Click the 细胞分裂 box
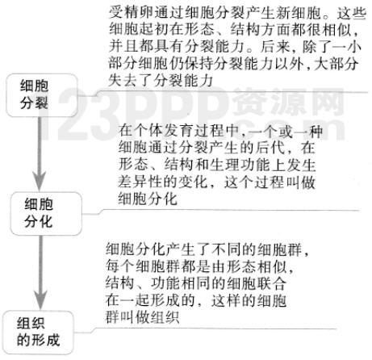42,95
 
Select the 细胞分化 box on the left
46,214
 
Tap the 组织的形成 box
38,332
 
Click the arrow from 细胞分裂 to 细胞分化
40,154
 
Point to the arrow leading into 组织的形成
40,273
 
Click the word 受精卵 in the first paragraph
131,13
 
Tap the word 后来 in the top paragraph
275,47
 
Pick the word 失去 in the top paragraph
123,80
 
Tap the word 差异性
140,182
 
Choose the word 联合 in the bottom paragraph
272,283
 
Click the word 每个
120,266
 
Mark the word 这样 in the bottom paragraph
225,300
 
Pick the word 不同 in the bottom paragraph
227,249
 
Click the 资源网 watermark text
288,103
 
